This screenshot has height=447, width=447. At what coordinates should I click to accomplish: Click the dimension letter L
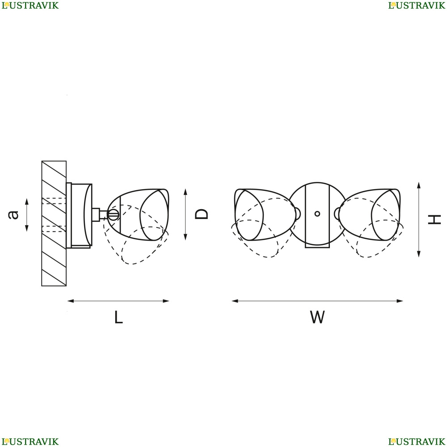(118, 317)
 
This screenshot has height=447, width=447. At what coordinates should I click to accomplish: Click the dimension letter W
(317, 317)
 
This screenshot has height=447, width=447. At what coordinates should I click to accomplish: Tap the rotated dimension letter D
(201, 214)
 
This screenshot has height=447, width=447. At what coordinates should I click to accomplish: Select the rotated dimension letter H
(434, 219)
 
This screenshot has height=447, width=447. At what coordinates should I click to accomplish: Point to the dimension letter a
(13, 215)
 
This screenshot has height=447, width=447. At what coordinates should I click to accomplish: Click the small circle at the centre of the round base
(317, 214)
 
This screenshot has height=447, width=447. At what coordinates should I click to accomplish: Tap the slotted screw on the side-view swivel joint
(113, 215)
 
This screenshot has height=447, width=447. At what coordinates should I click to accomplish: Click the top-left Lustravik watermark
(30, 5)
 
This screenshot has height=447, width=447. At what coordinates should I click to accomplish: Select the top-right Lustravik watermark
(417, 5)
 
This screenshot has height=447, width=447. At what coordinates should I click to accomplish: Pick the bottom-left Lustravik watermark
(30, 442)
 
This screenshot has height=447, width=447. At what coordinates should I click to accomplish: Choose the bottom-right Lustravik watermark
(417, 442)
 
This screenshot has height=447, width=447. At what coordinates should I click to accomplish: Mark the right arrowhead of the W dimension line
(400, 301)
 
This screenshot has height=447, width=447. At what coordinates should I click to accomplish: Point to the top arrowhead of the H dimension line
(419, 186)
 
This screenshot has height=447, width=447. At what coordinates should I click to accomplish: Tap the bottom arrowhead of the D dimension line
(186, 237)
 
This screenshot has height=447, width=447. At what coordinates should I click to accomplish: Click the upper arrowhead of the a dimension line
(27, 202)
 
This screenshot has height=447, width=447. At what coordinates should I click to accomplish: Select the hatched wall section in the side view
(54, 223)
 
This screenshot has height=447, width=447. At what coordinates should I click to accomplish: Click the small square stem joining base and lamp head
(96, 215)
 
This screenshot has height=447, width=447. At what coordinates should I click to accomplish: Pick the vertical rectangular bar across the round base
(317, 216)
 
